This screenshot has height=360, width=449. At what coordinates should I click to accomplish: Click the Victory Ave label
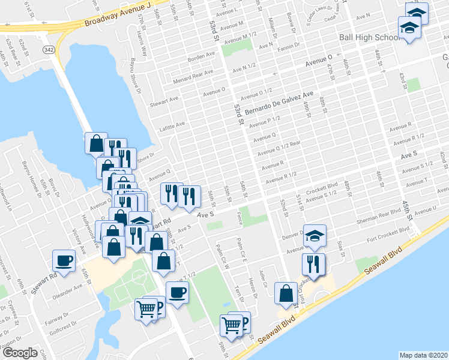(x=79, y=236)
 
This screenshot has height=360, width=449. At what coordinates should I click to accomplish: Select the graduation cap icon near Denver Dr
(x=314, y=236)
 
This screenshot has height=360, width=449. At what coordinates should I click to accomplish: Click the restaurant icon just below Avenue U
(x=313, y=263)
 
